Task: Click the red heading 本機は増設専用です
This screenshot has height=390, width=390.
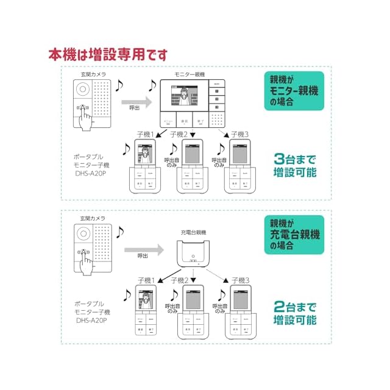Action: click(108, 54)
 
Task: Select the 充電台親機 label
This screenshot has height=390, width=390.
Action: click(193, 233)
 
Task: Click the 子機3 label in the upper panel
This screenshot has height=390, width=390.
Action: click(235, 134)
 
